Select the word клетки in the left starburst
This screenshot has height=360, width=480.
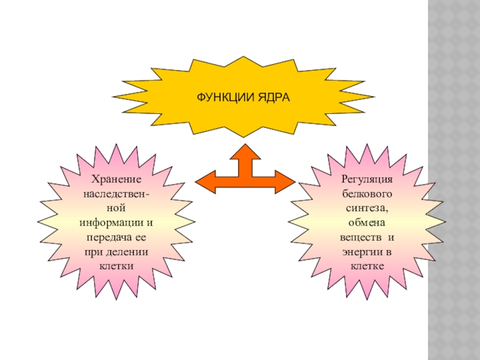click(x=116, y=266)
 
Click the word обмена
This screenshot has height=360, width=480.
click(x=367, y=223)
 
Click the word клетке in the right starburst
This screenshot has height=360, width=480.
click(x=367, y=266)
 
